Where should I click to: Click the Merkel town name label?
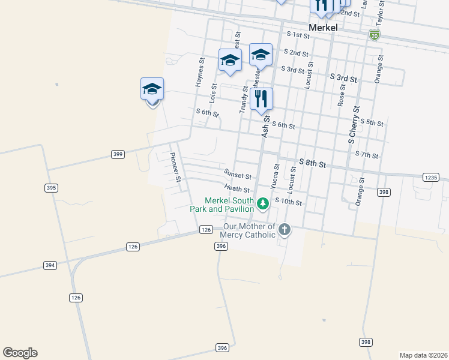324,28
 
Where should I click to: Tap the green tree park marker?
262,205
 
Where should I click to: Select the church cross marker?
285,229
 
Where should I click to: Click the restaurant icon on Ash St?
261,98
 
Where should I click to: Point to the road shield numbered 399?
118,154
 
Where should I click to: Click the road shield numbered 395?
51,188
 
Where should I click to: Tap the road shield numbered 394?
50,265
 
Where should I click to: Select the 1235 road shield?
431,178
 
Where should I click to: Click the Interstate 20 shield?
375,35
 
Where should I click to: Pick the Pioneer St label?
175,167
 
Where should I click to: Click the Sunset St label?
237,175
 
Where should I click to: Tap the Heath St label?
237,189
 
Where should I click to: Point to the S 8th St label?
312,163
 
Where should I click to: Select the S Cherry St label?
354,125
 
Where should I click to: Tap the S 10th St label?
288,202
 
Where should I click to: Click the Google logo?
20,353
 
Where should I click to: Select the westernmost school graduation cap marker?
152,90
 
